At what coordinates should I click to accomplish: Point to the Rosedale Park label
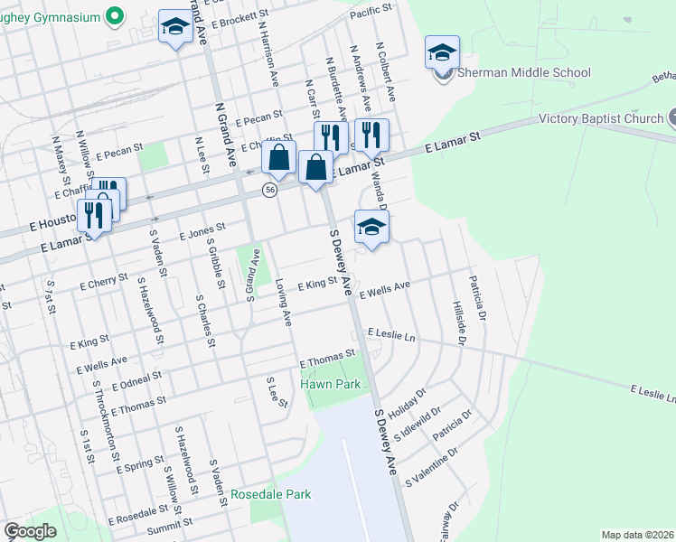point(271,494)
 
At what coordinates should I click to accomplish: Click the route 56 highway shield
point(269,190)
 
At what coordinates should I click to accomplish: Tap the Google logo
point(30,531)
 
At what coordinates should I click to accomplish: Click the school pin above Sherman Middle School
point(442,53)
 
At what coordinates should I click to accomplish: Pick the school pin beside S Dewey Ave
point(371,227)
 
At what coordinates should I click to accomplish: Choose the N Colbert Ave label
point(387,70)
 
